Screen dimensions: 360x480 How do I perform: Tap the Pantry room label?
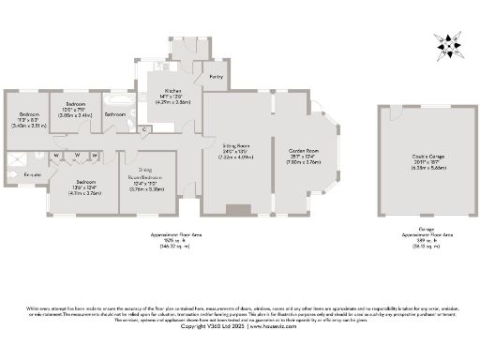216,76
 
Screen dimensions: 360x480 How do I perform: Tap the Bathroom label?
115,114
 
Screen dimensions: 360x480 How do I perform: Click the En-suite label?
32,175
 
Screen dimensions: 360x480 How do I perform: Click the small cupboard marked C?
146,128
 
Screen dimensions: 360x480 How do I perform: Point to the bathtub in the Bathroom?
118,97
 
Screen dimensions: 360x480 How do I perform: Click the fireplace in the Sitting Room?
238,211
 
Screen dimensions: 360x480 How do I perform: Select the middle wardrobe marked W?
76,156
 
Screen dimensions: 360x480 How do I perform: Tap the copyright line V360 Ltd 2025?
240,326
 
